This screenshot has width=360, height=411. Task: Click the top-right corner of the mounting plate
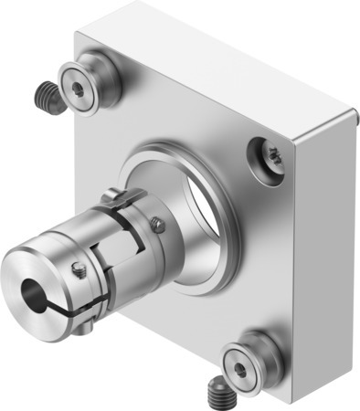[351, 114]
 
